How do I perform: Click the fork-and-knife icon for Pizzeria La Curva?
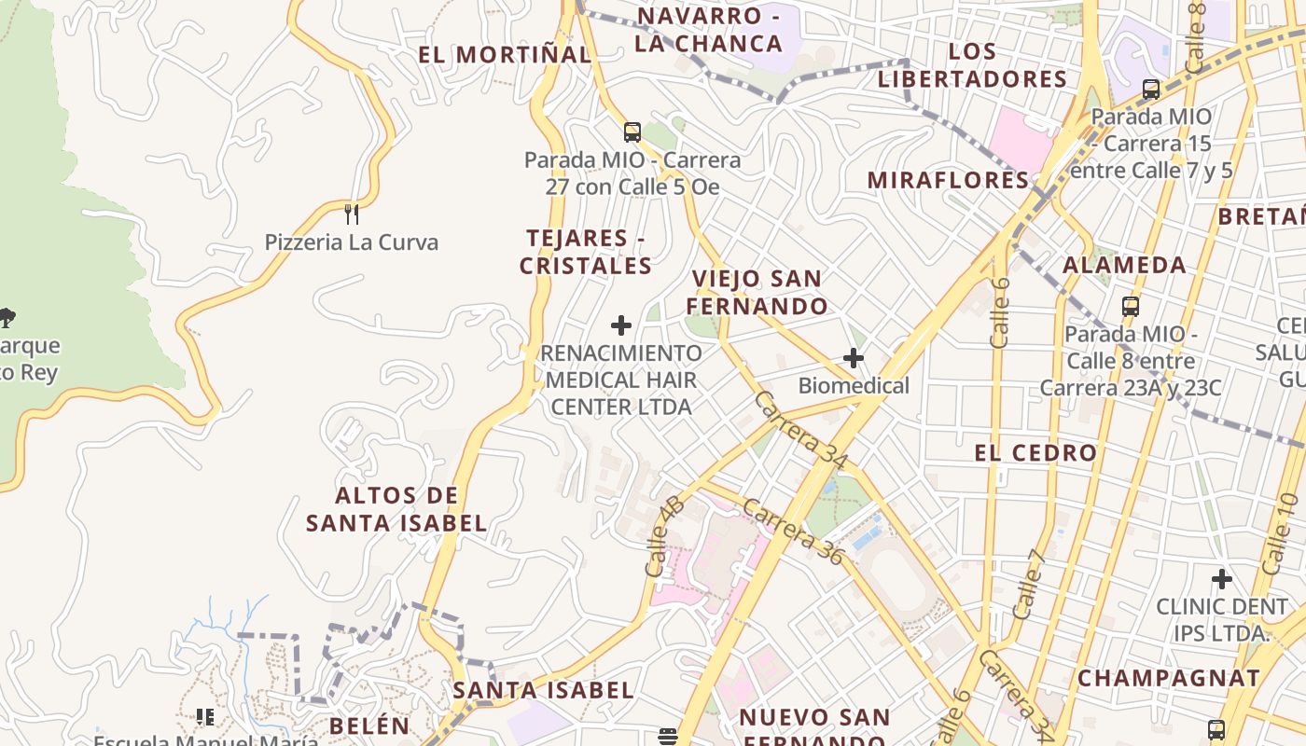(x=352, y=214)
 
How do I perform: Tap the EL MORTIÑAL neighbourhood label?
(x=504, y=54)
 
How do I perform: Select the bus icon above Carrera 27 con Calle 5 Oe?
(x=632, y=131)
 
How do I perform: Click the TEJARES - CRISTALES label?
(x=586, y=252)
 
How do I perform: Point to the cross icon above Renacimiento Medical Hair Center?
(x=621, y=325)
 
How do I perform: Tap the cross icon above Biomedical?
(x=854, y=357)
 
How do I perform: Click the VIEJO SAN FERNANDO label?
(x=757, y=292)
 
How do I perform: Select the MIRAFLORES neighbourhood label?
(x=948, y=180)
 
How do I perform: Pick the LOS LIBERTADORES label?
(x=972, y=65)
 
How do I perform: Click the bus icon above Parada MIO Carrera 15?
(x=1151, y=90)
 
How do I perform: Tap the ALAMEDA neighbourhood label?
(x=1124, y=265)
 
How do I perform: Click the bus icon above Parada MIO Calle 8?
(x=1131, y=306)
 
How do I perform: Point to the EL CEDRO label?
(x=1035, y=453)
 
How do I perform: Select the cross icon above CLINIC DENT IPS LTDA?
(x=1222, y=579)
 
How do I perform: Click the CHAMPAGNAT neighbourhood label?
(x=1169, y=678)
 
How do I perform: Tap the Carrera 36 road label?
(x=794, y=532)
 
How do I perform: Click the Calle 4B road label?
(x=664, y=536)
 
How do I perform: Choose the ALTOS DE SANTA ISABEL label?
(x=396, y=509)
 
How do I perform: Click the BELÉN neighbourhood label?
(x=369, y=725)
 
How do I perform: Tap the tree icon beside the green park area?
(x=7, y=317)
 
